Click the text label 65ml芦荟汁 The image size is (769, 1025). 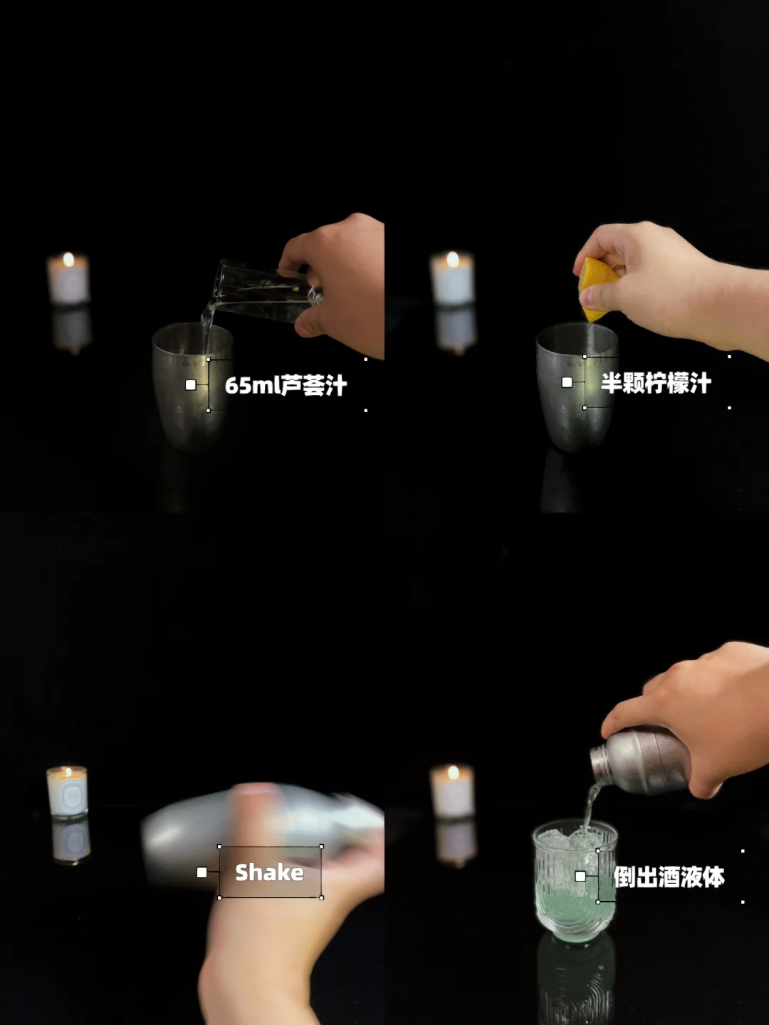tap(286, 386)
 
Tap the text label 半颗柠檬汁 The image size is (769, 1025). tap(656, 383)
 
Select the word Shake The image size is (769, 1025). tap(269, 872)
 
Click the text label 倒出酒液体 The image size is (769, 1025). tap(669, 876)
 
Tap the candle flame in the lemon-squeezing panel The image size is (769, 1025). tap(452, 258)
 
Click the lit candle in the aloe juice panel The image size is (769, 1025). tap(68, 279)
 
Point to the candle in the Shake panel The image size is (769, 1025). tap(67, 792)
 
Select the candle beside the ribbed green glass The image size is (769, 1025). tap(452, 791)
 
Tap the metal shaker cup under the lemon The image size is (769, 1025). tap(577, 387)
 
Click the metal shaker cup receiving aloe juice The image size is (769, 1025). tap(192, 387)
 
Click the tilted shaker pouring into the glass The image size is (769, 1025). tap(642, 761)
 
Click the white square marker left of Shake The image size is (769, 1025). tap(202, 872)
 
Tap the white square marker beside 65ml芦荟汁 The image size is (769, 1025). tap(191, 385)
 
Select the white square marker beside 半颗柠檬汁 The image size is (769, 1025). tap(567, 382)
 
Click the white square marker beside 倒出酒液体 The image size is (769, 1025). tap(580, 876)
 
